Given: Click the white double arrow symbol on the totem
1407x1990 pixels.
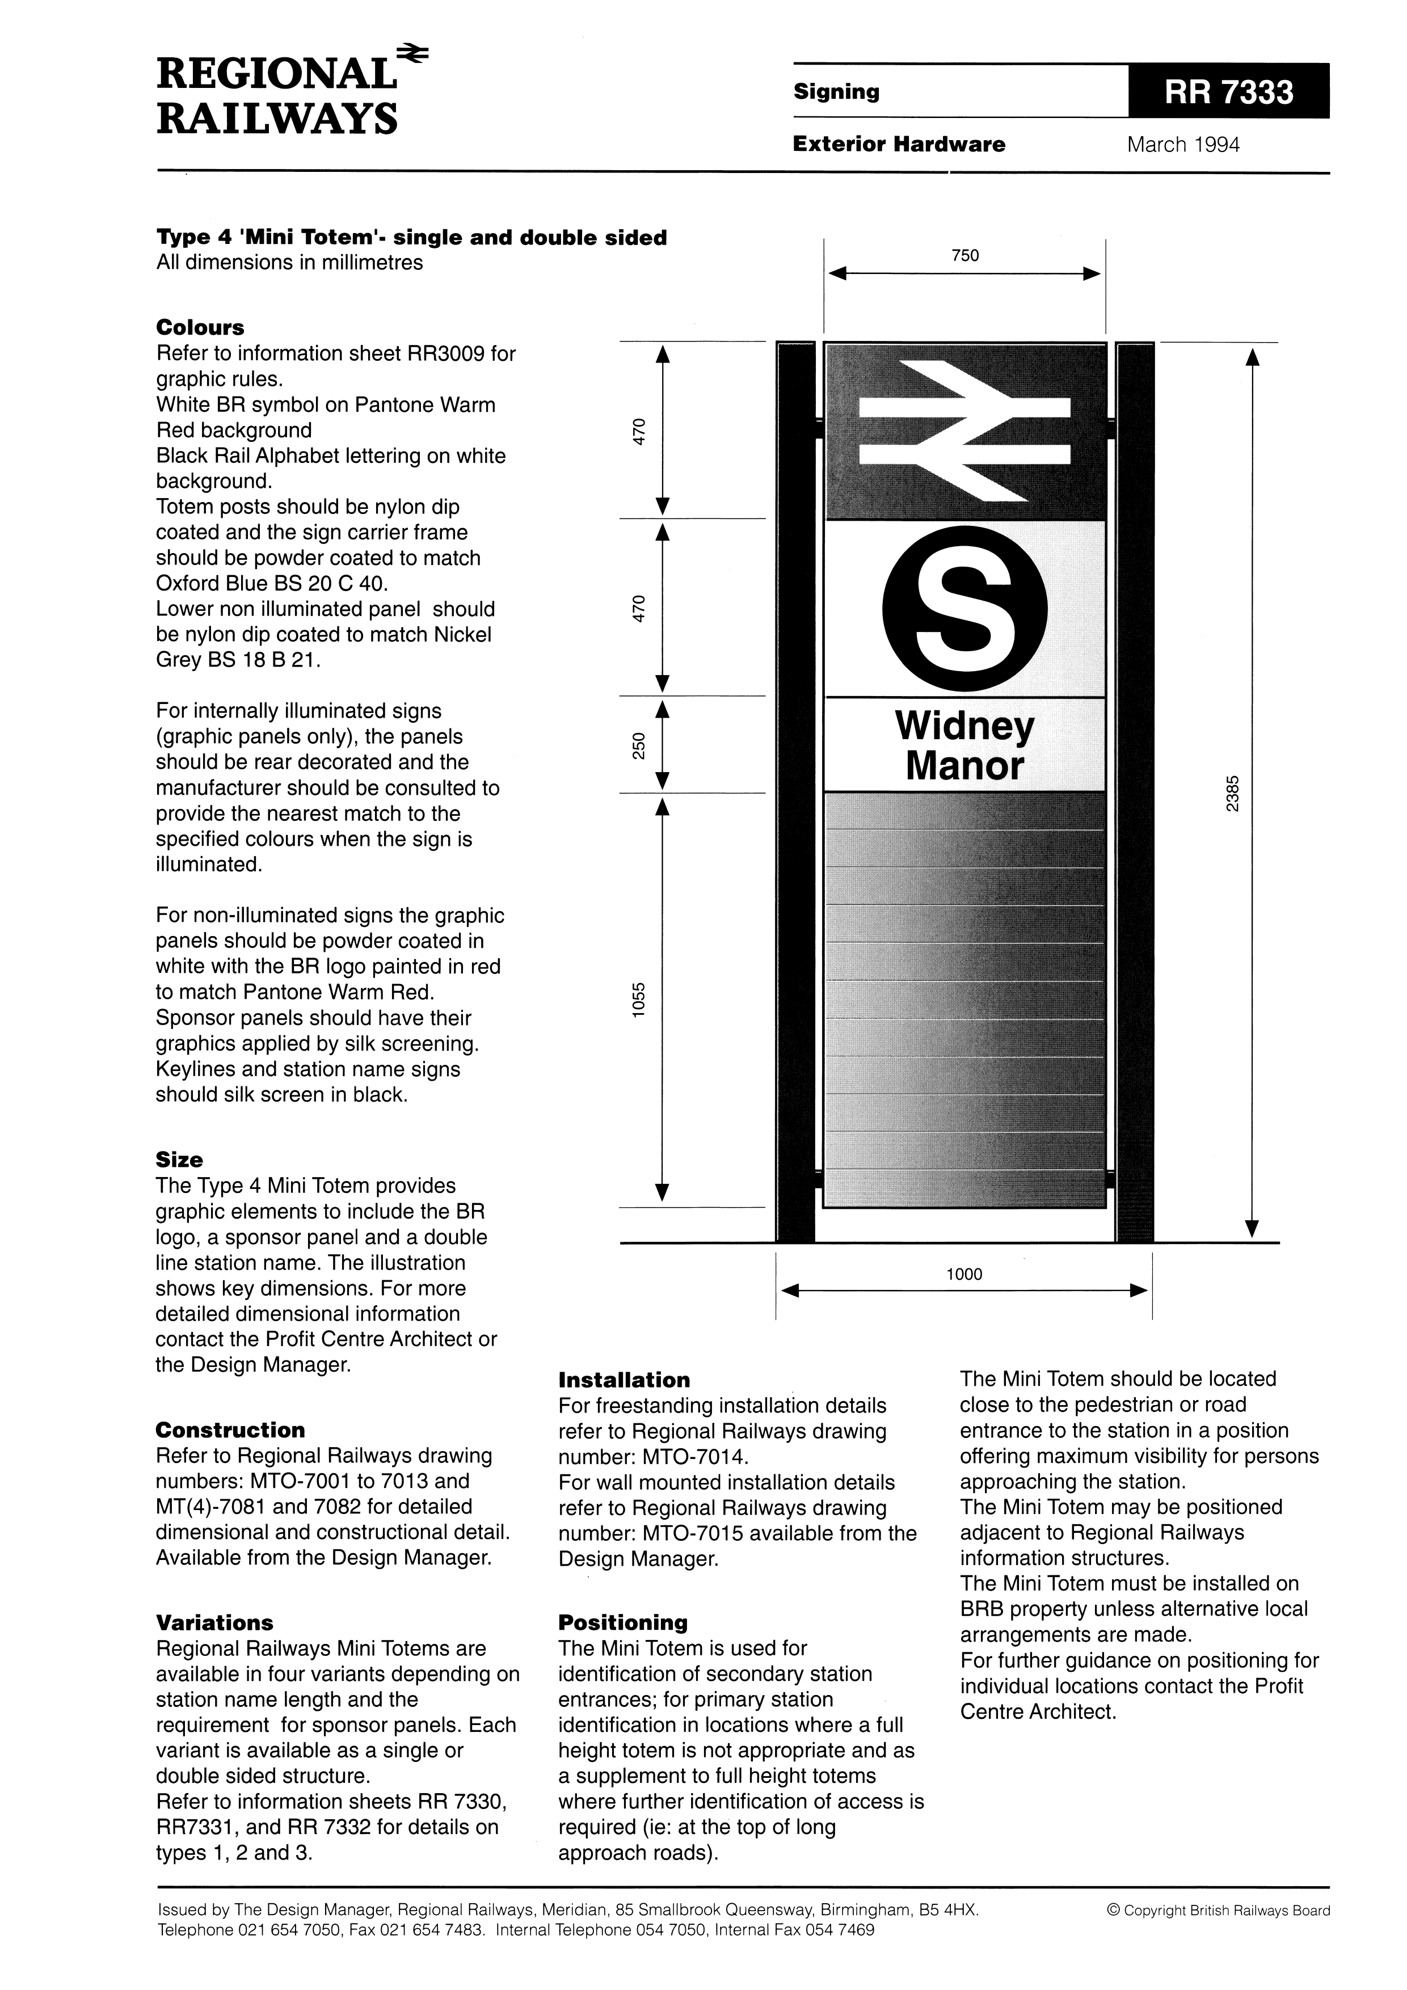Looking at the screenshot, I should coord(964,431).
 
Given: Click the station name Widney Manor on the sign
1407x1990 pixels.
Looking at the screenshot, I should coord(964,745).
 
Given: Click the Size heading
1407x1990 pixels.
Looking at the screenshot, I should coord(179,1160).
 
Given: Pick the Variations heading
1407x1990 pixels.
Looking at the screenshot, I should coord(214,1622).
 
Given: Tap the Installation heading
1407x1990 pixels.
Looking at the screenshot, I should coord(624,1380).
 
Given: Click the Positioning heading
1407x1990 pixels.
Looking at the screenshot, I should coord(622,1622).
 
